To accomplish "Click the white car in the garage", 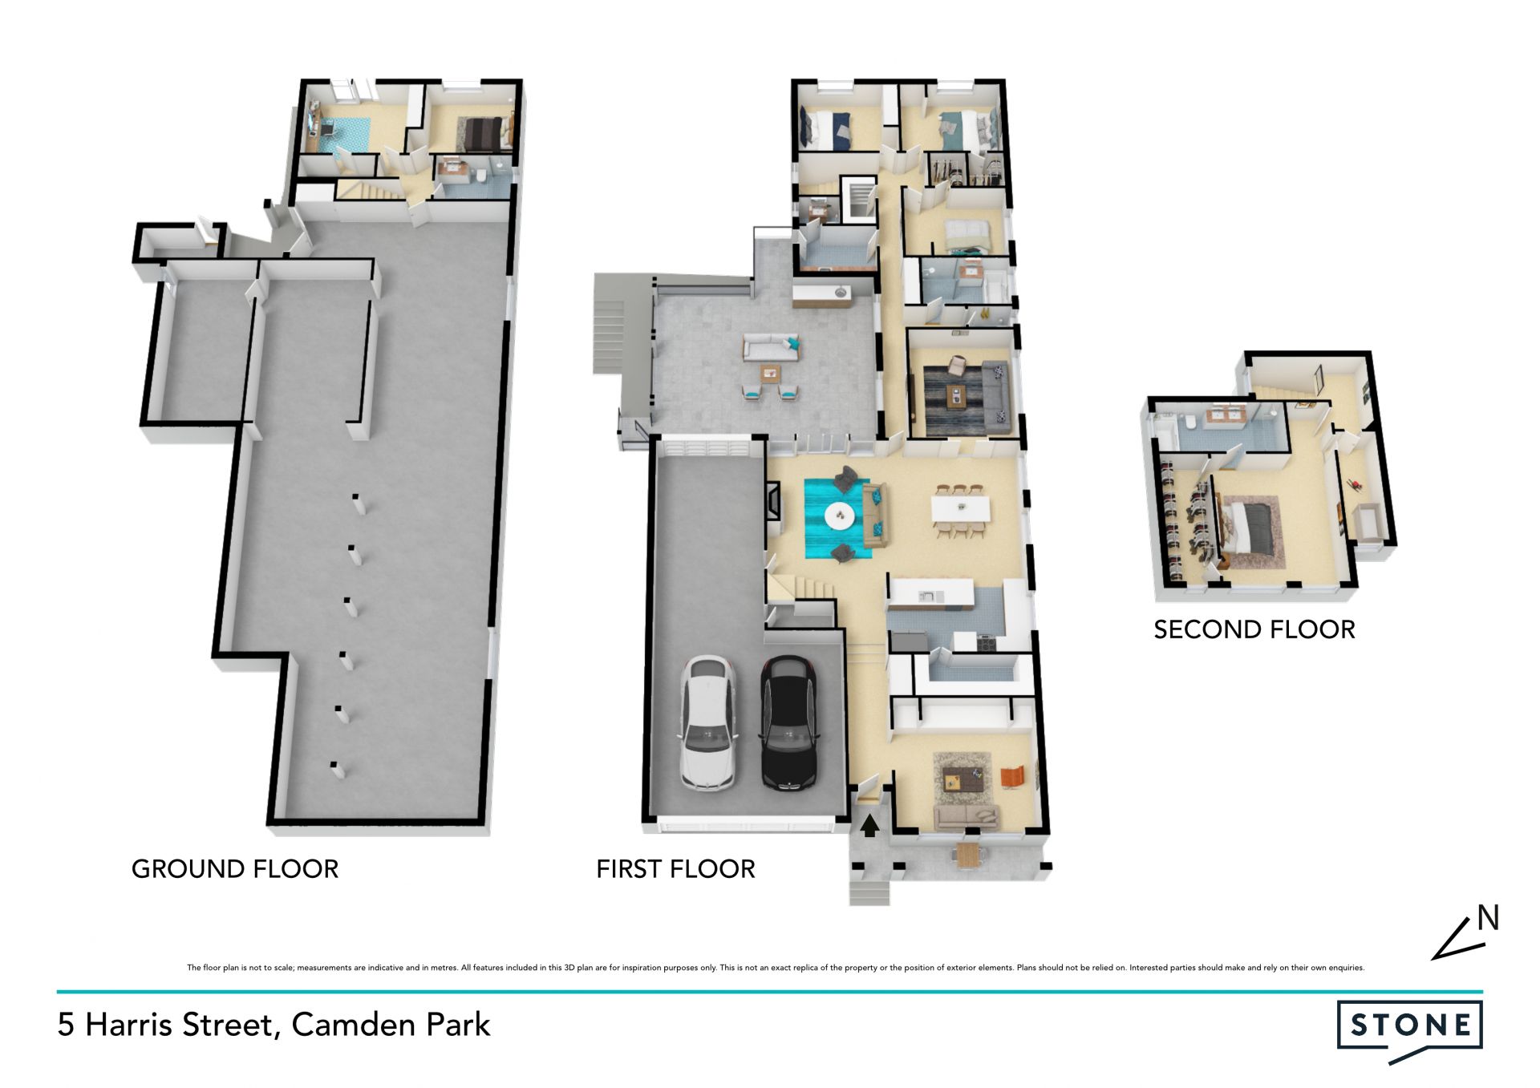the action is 709,724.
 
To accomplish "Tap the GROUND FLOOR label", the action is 235,868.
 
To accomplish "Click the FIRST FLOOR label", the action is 675,868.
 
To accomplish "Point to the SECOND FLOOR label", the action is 1254,629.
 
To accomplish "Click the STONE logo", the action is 1410,1029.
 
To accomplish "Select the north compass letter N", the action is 1488,918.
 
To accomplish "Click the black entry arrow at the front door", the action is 869,825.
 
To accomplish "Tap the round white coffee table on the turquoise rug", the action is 839,516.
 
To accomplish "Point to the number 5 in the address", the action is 66,1025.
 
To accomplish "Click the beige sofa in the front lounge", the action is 967,816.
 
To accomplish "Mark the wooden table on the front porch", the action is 969,855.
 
